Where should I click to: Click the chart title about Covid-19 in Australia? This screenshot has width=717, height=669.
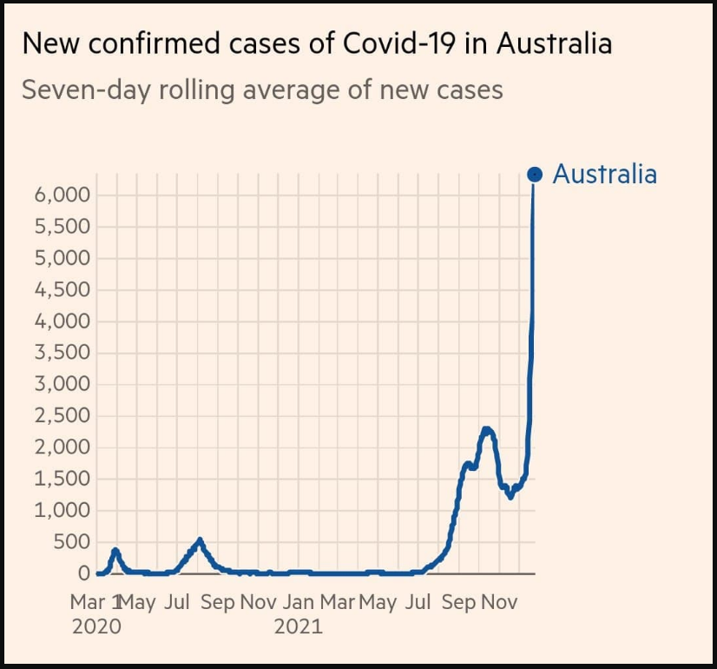click(x=317, y=43)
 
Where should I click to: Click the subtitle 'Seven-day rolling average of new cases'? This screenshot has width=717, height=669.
click(x=262, y=89)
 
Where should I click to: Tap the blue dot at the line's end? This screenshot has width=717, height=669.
click(x=535, y=175)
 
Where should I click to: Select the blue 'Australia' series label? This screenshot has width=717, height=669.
click(x=604, y=175)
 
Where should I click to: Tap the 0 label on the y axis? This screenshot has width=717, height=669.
click(x=83, y=573)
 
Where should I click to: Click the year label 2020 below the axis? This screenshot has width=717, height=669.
click(x=96, y=626)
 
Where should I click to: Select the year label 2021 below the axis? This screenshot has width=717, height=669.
click(x=298, y=626)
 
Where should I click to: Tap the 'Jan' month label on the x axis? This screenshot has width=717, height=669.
click(x=298, y=602)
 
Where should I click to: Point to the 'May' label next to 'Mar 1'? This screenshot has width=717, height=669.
click(x=137, y=602)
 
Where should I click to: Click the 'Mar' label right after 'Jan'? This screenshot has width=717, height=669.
click(x=338, y=602)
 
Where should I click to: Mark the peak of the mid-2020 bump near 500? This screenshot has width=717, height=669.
click(x=200, y=540)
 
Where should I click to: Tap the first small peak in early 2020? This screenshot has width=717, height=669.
click(x=115, y=550)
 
